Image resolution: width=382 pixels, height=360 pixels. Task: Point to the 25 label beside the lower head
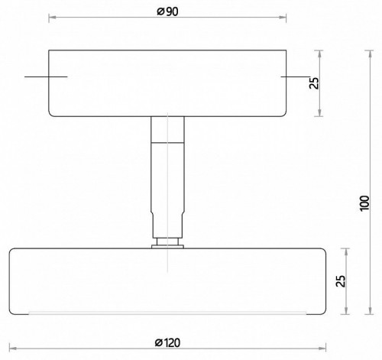342,282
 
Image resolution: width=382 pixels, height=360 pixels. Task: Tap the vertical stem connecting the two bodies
167,176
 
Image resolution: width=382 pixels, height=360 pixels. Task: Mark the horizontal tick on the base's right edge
294,77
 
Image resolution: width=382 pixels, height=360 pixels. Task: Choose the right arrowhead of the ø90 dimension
286,16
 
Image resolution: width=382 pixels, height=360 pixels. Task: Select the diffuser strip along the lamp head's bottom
167,312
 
